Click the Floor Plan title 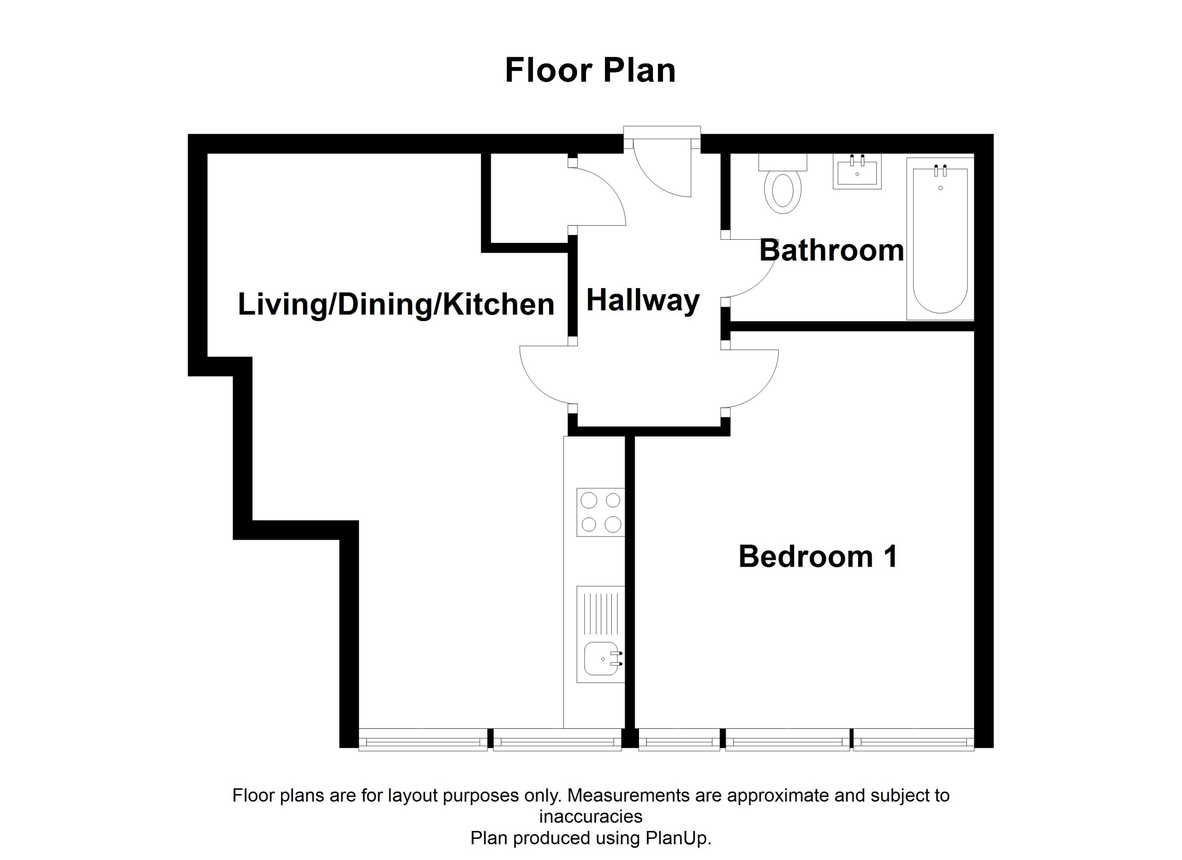pos(591,71)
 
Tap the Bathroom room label pos(831,250)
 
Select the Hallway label pos(643,301)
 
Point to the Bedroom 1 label pos(818,556)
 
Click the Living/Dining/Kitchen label pos(396,304)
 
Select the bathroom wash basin pos(857,171)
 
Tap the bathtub pos(940,239)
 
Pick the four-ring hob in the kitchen pos(600,512)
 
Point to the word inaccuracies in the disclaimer pos(591,816)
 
